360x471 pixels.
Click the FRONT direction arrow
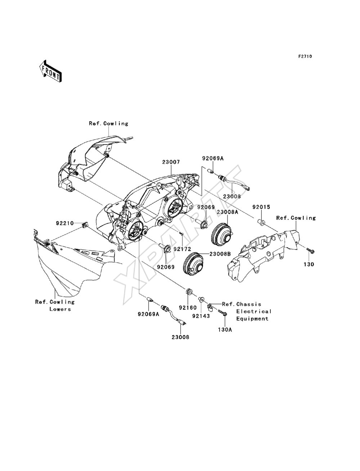coord(51,71)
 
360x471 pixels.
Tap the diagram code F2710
coord(305,56)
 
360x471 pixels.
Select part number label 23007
coord(171,162)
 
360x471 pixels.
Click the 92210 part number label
coord(65,223)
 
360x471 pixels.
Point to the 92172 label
coord(182,249)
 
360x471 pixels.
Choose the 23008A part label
coord(227,212)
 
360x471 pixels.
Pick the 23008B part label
coord(220,254)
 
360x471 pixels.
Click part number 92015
coord(261,207)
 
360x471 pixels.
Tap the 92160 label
coord(188,308)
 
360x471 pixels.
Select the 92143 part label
coord(201,316)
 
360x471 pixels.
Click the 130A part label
coord(225,330)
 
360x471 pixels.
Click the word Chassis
coord(249,304)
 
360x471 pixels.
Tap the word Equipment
coord(252,319)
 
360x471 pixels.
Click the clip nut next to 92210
coord(85,225)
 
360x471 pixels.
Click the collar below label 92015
coord(261,222)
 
